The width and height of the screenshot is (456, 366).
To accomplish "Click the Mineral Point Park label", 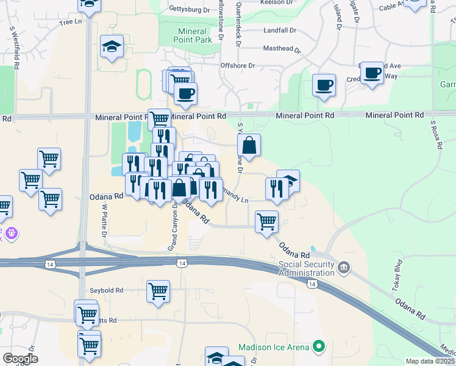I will coord(195,35).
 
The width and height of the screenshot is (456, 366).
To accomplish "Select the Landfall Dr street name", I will coord(280,30).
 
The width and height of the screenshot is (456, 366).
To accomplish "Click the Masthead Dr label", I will coord(282,48).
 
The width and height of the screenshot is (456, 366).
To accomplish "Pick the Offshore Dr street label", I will coord(238,65).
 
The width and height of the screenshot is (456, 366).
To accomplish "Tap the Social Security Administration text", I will coord(307,268).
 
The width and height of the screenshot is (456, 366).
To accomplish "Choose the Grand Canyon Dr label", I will coord(173,228).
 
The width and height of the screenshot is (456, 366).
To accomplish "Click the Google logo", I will coord(20,359).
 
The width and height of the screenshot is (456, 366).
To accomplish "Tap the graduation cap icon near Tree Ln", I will coord(112,47).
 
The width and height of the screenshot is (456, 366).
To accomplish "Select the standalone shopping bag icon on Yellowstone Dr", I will coord(249,145).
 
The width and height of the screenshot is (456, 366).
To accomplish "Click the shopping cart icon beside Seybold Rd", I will coord(158,291).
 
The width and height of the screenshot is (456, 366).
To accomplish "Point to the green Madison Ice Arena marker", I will coord(318,347).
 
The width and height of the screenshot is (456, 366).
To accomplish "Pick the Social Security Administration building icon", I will coord(344,267).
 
